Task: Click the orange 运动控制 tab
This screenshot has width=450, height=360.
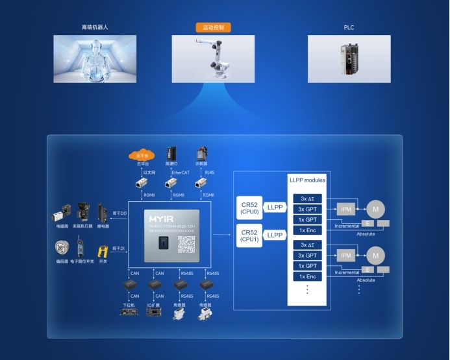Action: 213,28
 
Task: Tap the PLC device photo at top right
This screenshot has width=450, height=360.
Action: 349,58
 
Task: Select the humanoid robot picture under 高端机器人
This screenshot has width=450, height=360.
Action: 95,58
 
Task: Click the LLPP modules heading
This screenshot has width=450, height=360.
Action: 306,180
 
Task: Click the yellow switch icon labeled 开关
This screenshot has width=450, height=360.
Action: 103,250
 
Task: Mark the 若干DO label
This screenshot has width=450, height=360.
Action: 119,212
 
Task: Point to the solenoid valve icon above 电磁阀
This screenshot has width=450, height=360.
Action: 62,213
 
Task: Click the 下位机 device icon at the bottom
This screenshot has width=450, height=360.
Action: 129,313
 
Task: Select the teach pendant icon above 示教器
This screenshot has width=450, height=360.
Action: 201,154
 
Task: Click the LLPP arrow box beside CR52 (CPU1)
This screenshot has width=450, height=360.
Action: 275,234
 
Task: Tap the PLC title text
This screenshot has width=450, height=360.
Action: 349,28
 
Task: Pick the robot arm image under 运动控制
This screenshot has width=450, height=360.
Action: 213,58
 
